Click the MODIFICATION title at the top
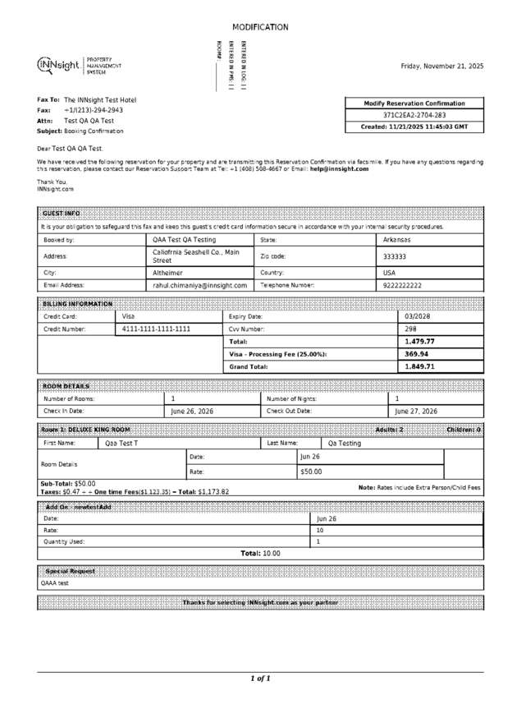[x=260, y=27]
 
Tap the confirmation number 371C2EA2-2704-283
[x=414, y=115]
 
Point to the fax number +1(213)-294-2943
[x=94, y=109]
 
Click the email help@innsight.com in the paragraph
[x=339, y=168]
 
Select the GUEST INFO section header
[x=62, y=213]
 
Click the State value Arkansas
[x=397, y=240]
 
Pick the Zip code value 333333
[x=395, y=256]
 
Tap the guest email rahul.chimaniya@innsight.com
[x=199, y=285]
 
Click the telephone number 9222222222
[x=402, y=285]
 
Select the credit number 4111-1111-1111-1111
[x=156, y=329]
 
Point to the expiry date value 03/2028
[x=418, y=315]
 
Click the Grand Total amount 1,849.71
[x=419, y=366]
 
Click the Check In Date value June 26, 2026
[x=192, y=411]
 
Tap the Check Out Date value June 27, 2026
[x=416, y=411]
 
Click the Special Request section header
[x=70, y=570]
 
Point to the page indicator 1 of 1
[x=260, y=679]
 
